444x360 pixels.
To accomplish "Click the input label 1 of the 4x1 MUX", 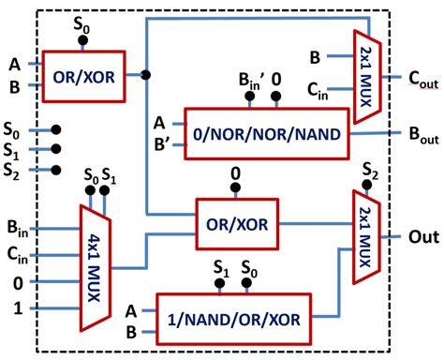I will click(13, 307).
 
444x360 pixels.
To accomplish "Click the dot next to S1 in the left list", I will click(57, 149).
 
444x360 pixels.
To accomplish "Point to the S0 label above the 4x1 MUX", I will click(90, 175).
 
